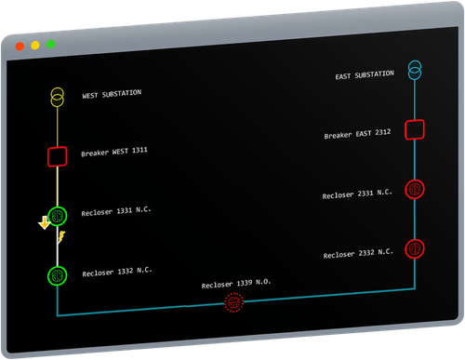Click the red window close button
click(x=20, y=46)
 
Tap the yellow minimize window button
click(x=35, y=45)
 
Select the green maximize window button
click(x=50, y=44)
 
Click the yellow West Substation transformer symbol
click(x=58, y=97)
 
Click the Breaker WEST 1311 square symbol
click(x=58, y=155)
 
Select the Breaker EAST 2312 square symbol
click(x=415, y=129)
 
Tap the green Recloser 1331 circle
click(x=58, y=216)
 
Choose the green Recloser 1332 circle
click(x=58, y=275)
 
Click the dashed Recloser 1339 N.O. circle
click(x=233, y=303)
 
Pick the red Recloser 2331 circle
click(x=415, y=189)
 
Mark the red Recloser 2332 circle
click(x=415, y=248)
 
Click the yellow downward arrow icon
click(x=43, y=223)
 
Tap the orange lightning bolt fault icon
click(x=62, y=238)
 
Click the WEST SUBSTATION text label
click(x=112, y=94)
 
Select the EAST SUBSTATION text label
click(x=368, y=75)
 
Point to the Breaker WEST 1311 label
click(x=114, y=151)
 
